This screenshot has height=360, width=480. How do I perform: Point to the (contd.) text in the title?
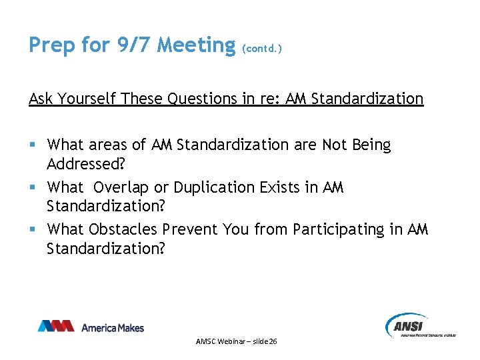(x=262, y=49)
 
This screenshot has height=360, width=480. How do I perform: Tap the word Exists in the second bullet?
(x=281, y=187)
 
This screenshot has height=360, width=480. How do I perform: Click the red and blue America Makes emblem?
(x=56, y=326)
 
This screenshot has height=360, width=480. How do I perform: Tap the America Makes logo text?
(x=112, y=327)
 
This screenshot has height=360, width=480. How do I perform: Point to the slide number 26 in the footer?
(x=272, y=341)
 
